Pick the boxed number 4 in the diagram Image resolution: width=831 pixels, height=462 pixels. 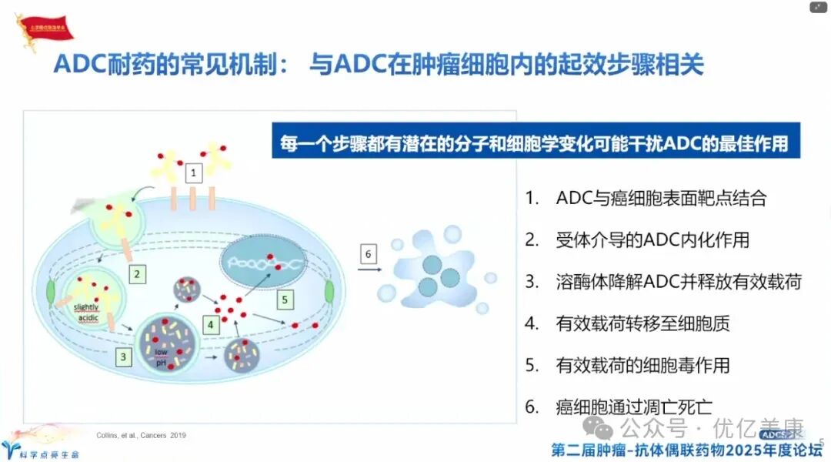[x=210, y=325]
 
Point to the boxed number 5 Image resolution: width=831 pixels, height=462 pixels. [x=285, y=299]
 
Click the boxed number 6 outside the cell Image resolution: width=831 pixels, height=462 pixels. [x=369, y=254]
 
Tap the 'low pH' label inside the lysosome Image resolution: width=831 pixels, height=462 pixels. [x=162, y=357]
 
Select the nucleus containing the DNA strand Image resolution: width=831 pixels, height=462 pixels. [x=263, y=261]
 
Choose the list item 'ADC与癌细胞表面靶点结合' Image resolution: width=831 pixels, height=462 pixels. [x=660, y=198]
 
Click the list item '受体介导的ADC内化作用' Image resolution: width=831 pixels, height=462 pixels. [x=652, y=239]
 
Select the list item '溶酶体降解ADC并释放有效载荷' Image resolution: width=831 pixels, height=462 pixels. [x=678, y=281]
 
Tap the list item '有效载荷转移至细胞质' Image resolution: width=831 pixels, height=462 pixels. [x=642, y=323]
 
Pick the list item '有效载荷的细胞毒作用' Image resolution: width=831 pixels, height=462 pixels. [x=642, y=364]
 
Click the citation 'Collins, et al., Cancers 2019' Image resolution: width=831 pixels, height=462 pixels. [x=141, y=436]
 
